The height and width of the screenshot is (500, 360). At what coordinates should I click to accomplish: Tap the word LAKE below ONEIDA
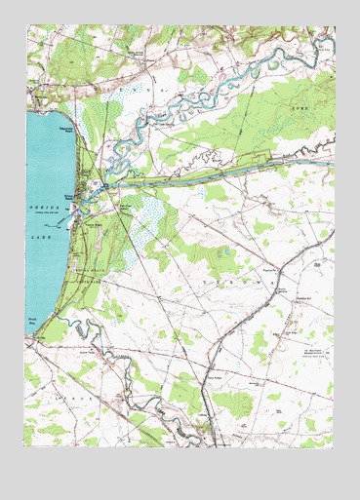click(42, 236)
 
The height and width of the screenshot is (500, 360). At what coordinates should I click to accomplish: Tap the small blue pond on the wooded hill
click(222, 251)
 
